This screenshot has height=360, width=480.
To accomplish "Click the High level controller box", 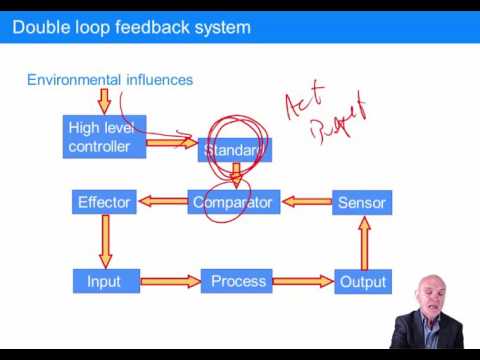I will pyautogui.click(x=104, y=137).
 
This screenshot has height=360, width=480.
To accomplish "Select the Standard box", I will pyautogui.click(x=234, y=150).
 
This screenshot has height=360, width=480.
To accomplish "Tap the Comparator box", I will pyautogui.click(x=232, y=202).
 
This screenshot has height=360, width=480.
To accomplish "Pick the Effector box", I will pyautogui.click(x=104, y=202).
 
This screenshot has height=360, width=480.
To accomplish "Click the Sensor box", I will pyautogui.click(x=361, y=203).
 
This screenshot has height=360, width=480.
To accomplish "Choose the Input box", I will pyautogui.click(x=104, y=281).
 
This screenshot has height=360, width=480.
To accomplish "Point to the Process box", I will pyautogui.click(x=236, y=281).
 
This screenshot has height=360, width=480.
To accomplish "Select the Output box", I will pyautogui.click(x=362, y=282).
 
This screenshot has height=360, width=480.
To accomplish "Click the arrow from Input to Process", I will pyautogui.click(x=167, y=282).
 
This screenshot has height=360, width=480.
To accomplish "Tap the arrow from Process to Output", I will pyautogui.click(x=303, y=282).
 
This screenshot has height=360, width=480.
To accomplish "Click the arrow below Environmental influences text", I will pyautogui.click(x=104, y=101).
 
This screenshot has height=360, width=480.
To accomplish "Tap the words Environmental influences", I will pyautogui.click(x=110, y=79).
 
